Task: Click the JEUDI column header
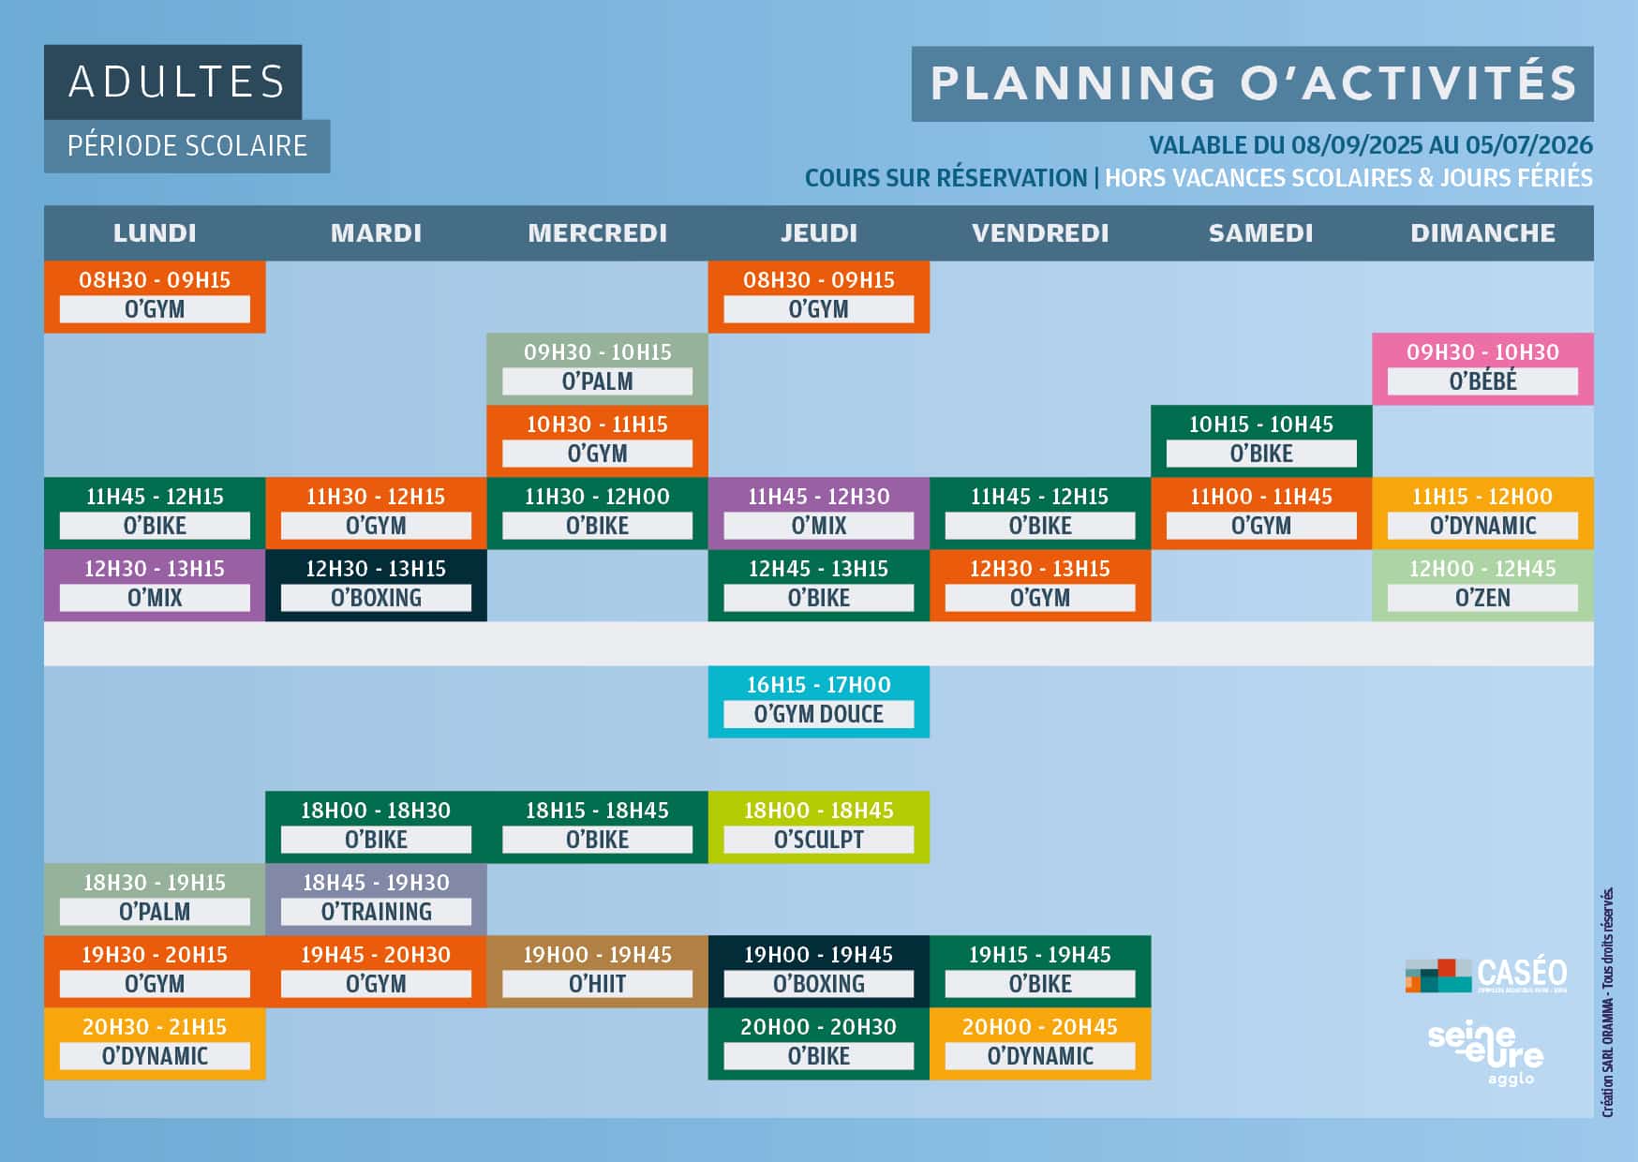[819, 233]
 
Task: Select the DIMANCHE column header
[1482, 233]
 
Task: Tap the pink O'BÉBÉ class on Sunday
[1482, 369]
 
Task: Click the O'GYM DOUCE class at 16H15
[819, 702]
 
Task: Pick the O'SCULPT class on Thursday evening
[819, 827]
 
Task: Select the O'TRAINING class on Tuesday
[376, 900]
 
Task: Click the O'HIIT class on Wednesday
[597, 972]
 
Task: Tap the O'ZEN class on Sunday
[1482, 586]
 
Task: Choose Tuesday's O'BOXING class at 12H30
[376, 586]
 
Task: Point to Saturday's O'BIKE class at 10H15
[1261, 441]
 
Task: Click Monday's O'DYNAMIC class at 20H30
[155, 1044]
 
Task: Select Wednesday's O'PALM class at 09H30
[597, 369]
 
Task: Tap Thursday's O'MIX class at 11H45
[819, 514]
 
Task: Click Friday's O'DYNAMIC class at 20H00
[1040, 1044]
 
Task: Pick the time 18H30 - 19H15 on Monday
[155, 883]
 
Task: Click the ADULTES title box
[173, 82]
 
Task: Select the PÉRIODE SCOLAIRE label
[187, 146]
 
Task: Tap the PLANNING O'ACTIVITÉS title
[1253, 83]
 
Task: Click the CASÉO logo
[1486, 975]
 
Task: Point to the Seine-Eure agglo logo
[1486, 1052]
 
